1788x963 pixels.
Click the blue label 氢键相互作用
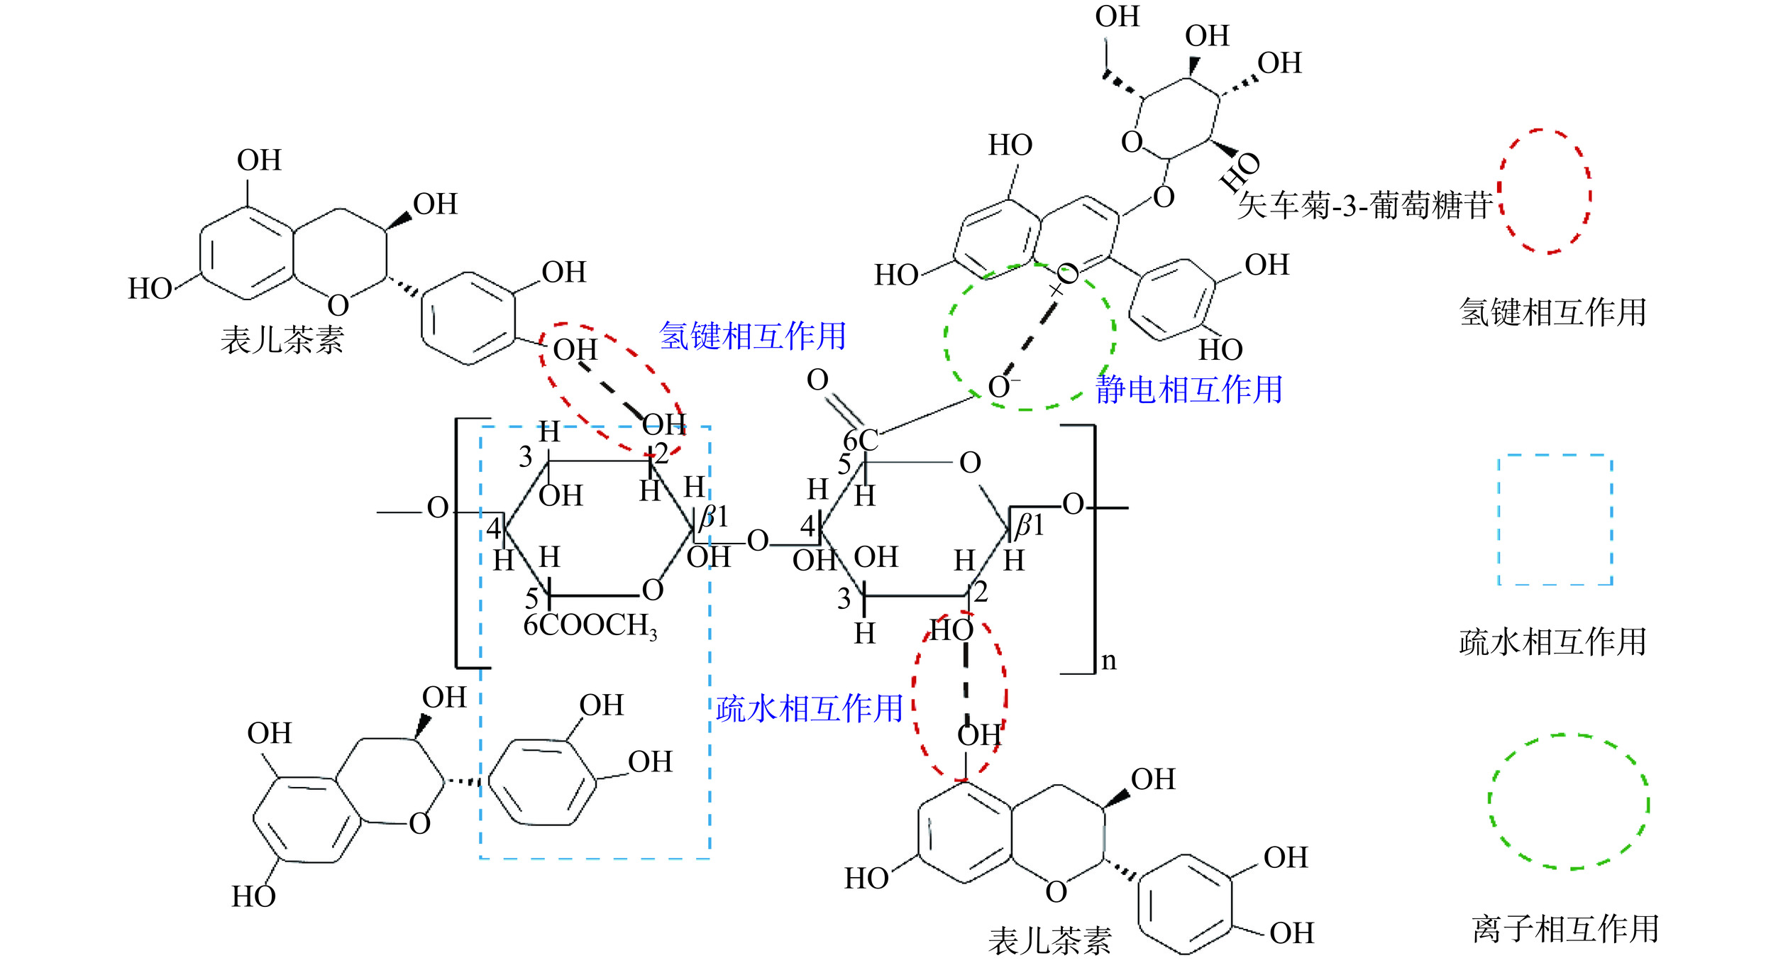752,336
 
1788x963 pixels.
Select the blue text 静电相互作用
1189,390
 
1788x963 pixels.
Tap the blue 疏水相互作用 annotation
809,709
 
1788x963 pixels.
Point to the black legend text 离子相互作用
1565,929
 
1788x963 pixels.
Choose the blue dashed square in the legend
1555,520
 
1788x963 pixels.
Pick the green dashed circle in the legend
1568,802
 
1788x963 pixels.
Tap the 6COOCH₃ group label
590,626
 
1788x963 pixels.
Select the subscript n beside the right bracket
1108,661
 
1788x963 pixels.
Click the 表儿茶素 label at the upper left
282,340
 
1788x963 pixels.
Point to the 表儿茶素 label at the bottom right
1049,942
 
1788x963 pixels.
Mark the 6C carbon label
861,441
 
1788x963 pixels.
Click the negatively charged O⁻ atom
1000,387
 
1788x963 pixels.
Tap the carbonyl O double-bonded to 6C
817,380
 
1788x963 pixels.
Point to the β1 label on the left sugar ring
714,517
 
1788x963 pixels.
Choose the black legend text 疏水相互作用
1552,642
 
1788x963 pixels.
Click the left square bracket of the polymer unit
460,543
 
